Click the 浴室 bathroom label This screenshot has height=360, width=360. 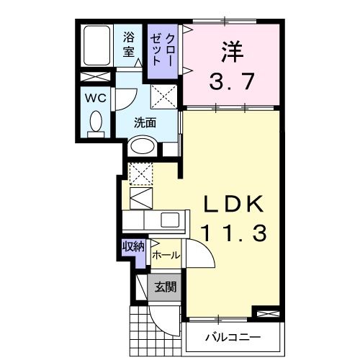tap(130, 44)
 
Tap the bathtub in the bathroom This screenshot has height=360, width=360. tap(95, 45)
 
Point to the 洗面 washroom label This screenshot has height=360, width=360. tap(145, 122)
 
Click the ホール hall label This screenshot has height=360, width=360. tap(166, 255)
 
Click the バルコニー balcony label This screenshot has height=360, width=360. tap(232, 337)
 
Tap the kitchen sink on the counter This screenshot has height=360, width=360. tap(171, 220)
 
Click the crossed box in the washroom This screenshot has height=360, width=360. tap(163, 95)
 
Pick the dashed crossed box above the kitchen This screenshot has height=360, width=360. tap(140, 173)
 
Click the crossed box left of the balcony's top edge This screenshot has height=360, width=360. tap(264, 313)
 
